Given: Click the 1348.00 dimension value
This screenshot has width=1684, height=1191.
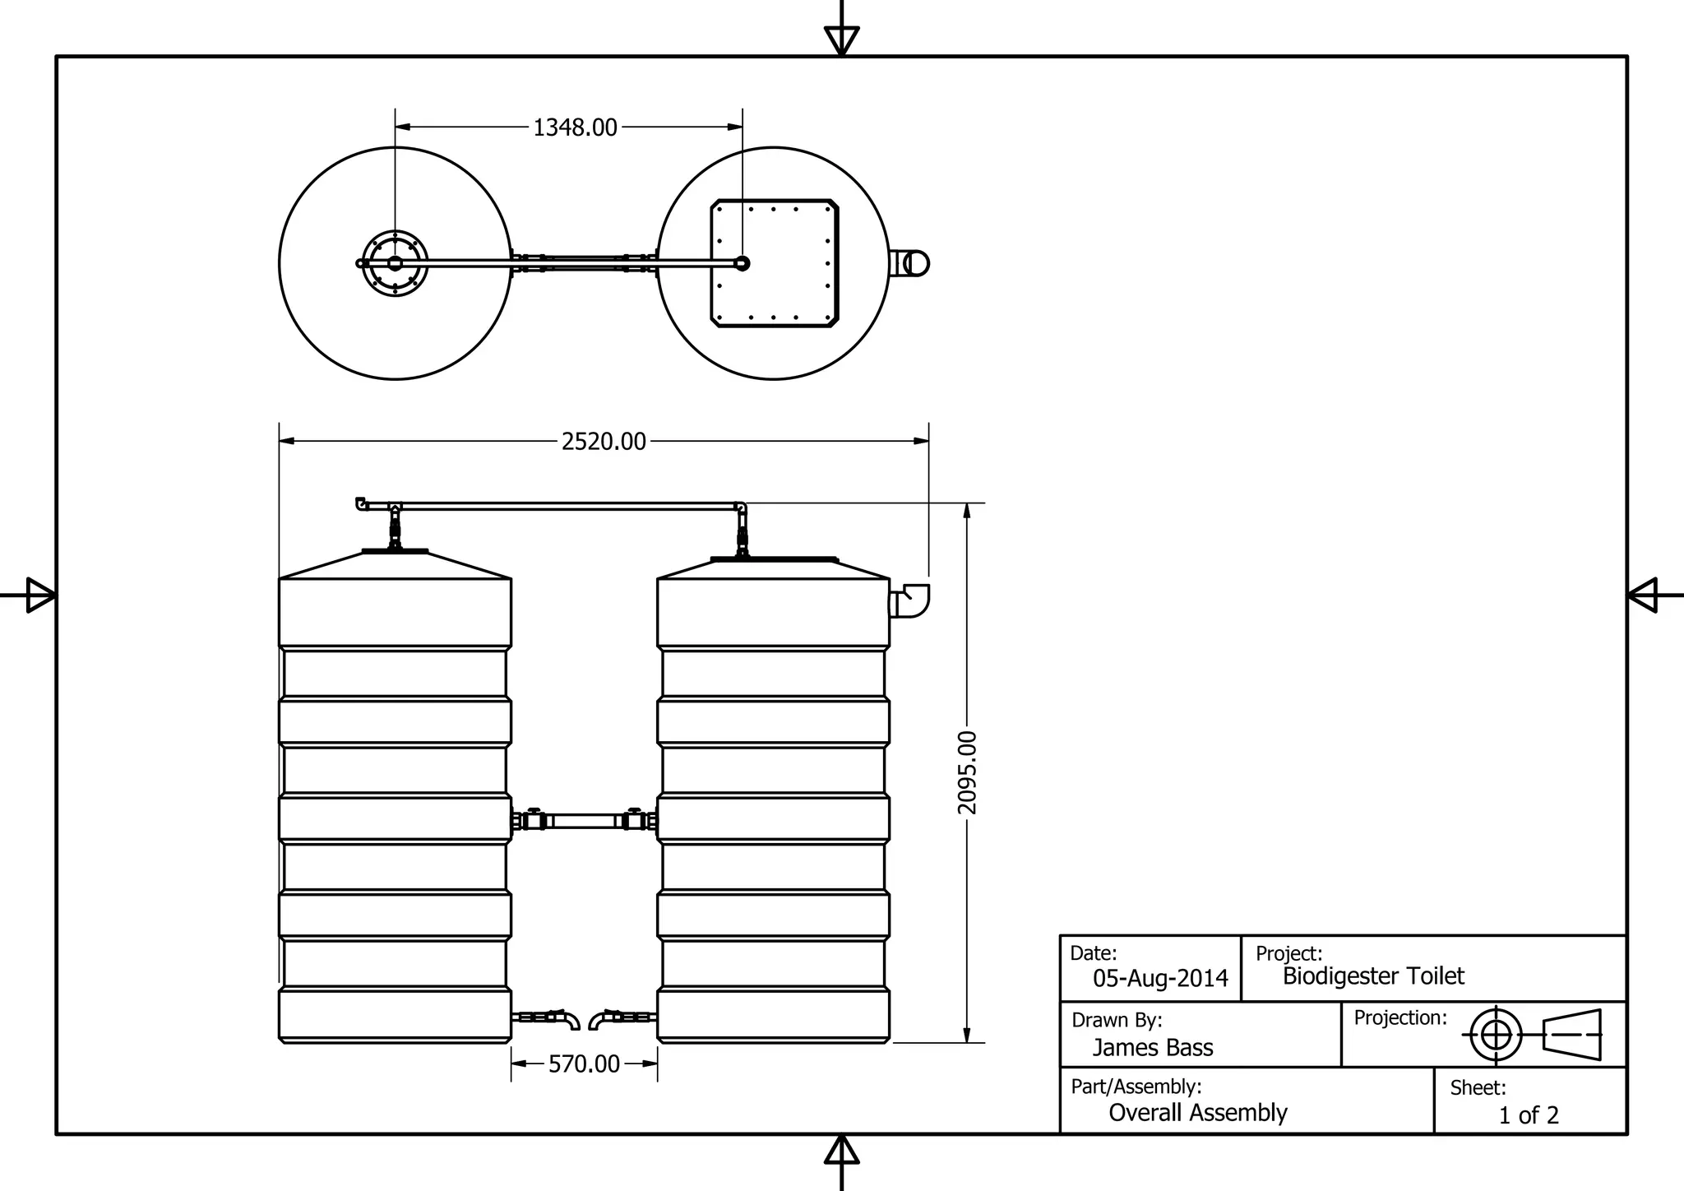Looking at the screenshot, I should click(575, 128).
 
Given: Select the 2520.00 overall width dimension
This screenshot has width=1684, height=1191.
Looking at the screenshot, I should click(604, 442).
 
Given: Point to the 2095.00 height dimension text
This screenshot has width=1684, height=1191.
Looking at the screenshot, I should click(968, 772).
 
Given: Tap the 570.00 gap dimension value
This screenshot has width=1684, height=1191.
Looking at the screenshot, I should click(584, 1064).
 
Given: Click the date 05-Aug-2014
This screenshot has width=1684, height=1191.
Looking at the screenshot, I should click(1159, 979).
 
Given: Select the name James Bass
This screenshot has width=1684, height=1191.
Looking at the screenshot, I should click(1152, 1048).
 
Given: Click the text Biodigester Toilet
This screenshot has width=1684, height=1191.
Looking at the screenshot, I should click(1373, 976).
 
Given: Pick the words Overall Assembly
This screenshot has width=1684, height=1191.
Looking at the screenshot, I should click(1197, 1113).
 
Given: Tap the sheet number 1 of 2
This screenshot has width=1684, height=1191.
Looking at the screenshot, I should click(1528, 1115).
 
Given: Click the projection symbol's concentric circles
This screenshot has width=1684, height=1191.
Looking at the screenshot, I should click(1496, 1035).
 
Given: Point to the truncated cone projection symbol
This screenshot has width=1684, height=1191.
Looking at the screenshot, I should click(1572, 1035).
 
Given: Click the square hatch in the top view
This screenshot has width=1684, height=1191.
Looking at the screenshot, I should click(774, 263).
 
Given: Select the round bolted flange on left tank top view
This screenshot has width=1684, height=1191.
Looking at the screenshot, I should click(396, 263).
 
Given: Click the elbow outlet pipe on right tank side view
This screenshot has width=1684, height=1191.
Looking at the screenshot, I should click(911, 601).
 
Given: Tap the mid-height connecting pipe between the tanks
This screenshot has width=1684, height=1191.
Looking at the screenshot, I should click(584, 821).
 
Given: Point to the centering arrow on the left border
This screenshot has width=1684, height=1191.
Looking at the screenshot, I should click(38, 595).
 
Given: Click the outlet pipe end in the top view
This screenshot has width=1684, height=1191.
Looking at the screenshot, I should click(913, 263).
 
